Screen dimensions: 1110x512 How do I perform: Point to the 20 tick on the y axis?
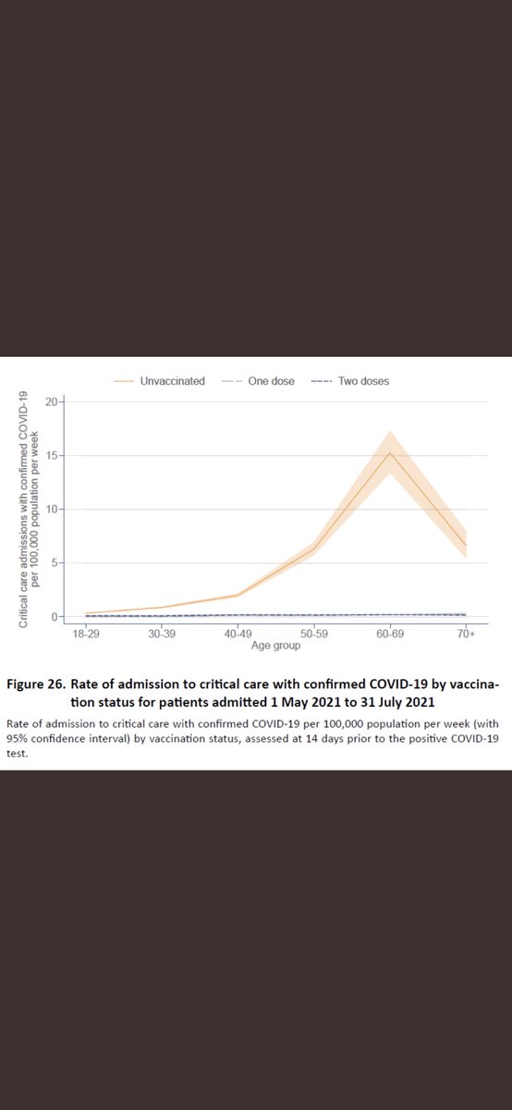pyautogui.click(x=55, y=401)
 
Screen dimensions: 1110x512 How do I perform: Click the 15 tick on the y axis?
pyautogui.click(x=55, y=455)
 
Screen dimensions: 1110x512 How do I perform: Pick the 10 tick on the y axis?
pyautogui.click(x=55, y=509)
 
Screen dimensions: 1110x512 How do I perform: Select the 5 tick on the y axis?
pyautogui.click(x=56, y=562)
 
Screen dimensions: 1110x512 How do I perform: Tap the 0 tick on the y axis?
pyautogui.click(x=56, y=616)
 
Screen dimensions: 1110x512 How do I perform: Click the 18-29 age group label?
pyautogui.click(x=85, y=635)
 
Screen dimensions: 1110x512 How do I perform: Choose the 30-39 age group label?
pyautogui.click(x=161, y=635)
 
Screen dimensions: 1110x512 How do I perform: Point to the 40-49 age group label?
pyautogui.click(x=238, y=635)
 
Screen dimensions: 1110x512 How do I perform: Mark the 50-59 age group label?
pyautogui.click(x=313, y=635)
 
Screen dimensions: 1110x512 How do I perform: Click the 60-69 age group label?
pyautogui.click(x=390, y=635)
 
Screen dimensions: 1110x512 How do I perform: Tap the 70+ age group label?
pyautogui.click(x=466, y=635)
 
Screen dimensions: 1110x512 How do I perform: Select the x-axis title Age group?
pyautogui.click(x=275, y=647)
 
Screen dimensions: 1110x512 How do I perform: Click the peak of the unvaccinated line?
pyautogui.click(x=390, y=453)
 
